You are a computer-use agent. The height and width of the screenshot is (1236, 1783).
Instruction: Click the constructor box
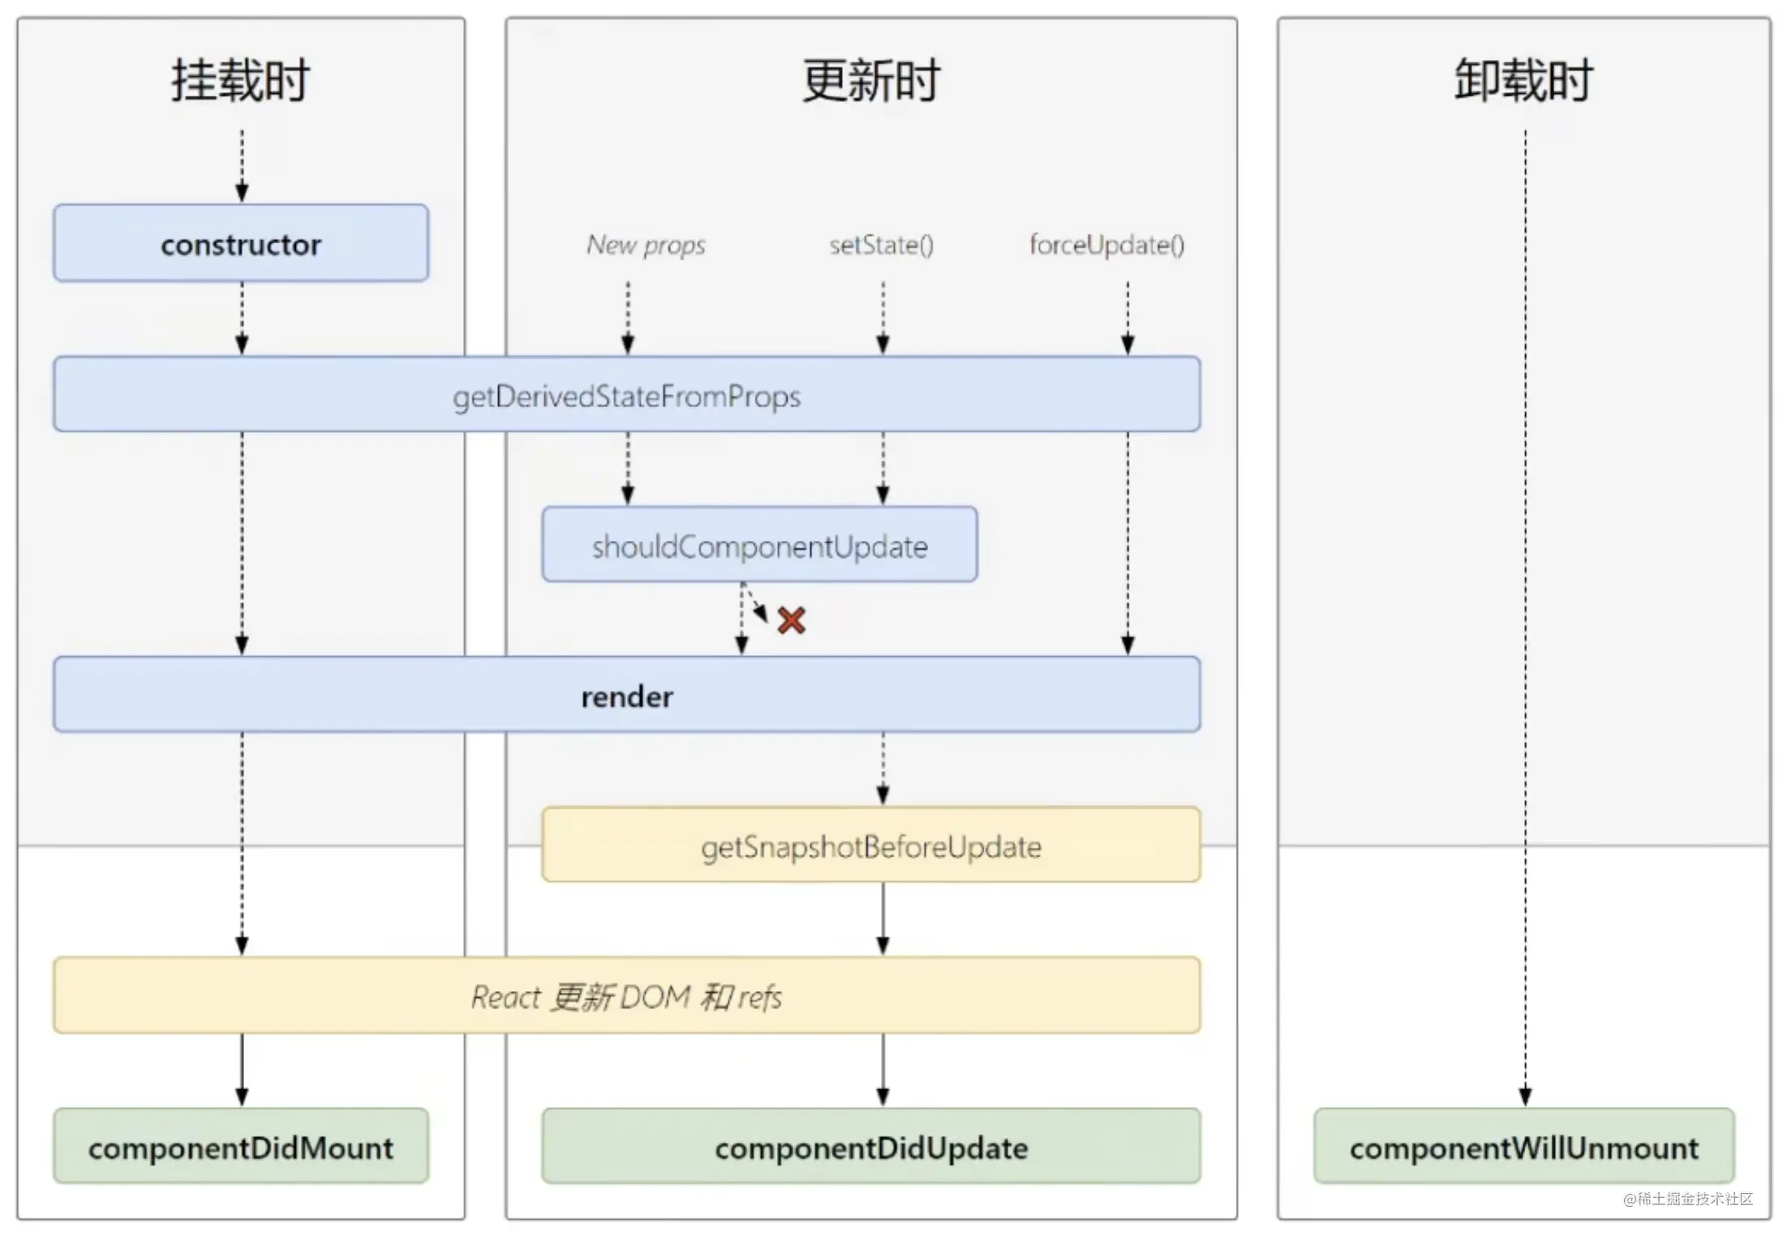point(241,243)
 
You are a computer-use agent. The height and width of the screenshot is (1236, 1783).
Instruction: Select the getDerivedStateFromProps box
point(627,394)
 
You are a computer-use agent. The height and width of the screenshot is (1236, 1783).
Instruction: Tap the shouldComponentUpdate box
point(760,544)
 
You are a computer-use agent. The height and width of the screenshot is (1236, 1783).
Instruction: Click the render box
point(627,695)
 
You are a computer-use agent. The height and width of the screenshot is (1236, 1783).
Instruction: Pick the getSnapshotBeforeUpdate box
point(871,844)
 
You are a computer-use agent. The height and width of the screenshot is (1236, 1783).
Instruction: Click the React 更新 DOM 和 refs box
point(627,995)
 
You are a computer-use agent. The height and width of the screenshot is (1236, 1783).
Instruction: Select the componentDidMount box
point(241,1146)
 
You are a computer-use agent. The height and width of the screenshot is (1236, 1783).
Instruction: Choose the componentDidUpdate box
point(871,1146)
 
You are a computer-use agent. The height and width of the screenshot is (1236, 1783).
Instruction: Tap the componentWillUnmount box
point(1524,1146)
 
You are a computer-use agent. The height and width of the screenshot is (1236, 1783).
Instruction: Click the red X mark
point(792,620)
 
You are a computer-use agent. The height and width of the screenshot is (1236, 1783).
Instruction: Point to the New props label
point(646,244)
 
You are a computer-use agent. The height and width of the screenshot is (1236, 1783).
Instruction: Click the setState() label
point(882,244)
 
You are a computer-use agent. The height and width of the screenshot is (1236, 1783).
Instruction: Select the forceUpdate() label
point(1107,244)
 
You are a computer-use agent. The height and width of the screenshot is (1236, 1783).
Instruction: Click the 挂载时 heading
point(240,80)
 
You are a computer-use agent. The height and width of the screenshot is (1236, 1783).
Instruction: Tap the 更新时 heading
point(871,80)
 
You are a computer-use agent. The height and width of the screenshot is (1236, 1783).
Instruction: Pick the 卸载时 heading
point(1524,80)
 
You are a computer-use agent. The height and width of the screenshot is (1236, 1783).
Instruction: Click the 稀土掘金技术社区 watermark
point(1688,1199)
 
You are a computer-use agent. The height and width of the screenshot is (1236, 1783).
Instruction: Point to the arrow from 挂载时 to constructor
point(242,165)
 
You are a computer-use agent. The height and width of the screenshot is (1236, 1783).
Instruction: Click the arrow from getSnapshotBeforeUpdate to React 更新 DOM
point(883,919)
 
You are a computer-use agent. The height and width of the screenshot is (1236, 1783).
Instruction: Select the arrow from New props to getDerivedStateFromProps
point(628,318)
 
